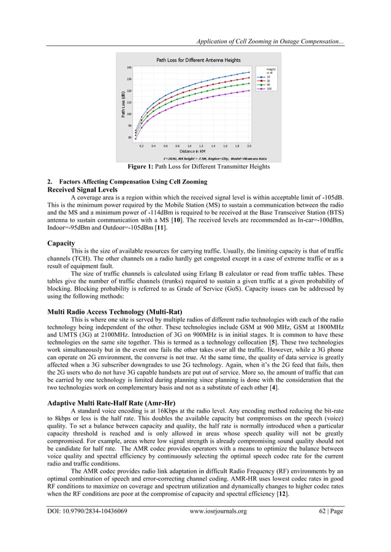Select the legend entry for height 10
click(x=268, y=77)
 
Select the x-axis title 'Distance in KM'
click(x=192, y=151)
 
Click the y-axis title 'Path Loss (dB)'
click(x=123, y=102)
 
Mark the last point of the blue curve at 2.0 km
click(x=249, y=72)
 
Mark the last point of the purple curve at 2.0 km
click(x=249, y=91)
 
